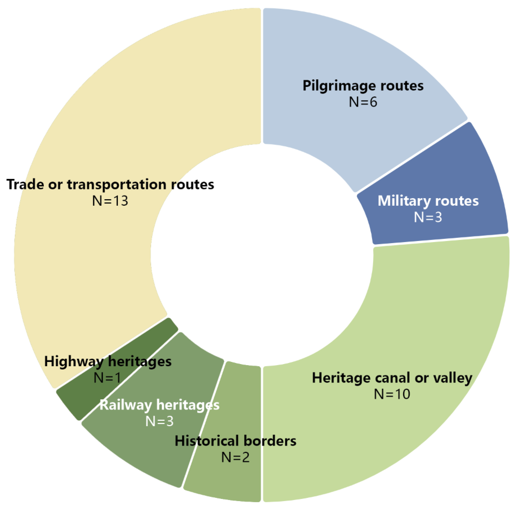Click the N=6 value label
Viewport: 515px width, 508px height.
363,102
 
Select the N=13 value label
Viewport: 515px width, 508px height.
110,201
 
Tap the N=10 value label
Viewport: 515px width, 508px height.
392,394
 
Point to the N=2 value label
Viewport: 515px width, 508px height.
235,457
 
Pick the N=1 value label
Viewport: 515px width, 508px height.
108,378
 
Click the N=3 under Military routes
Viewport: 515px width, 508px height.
428,217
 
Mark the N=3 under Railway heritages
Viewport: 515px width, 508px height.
159,421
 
